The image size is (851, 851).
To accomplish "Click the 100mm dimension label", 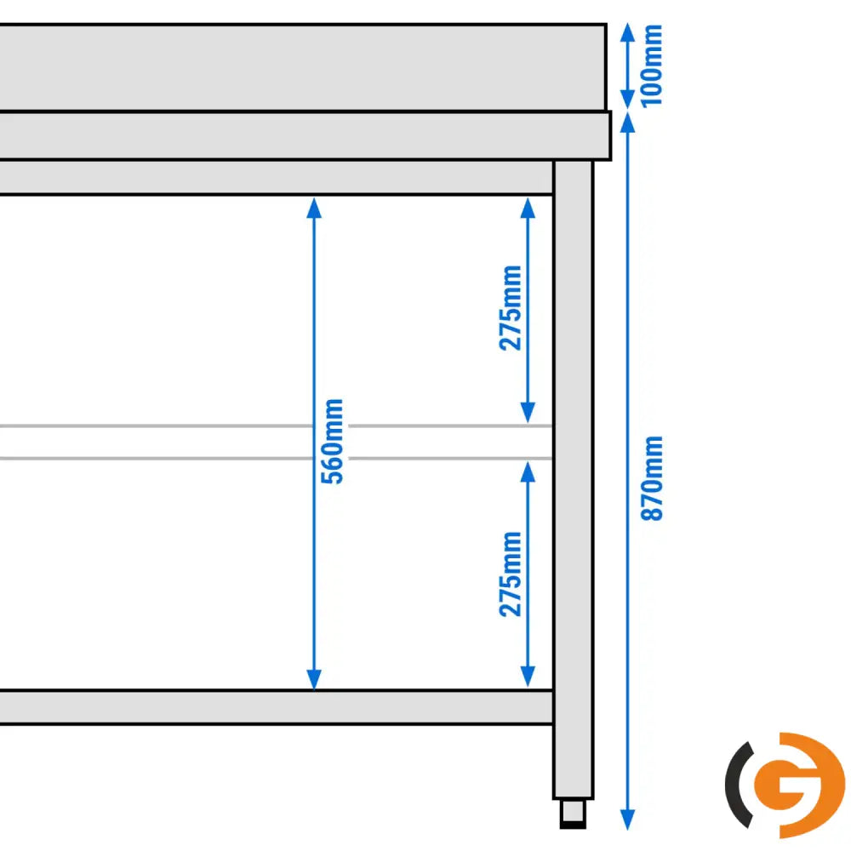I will coord(653,66).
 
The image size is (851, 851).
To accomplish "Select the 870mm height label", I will coord(653,478).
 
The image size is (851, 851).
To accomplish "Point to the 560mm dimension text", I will coord(334,441).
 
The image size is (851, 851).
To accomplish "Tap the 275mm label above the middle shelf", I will coord(511,308).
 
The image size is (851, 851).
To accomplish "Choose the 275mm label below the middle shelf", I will coord(511,574).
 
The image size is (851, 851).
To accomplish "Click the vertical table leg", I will coord(574,477).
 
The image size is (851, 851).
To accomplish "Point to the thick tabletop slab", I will coord(298,135).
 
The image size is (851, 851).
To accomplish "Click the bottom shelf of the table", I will coord(272,707).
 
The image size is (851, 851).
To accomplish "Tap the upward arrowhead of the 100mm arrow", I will coord(627,31).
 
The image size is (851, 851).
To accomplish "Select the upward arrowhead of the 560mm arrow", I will coord(314,206).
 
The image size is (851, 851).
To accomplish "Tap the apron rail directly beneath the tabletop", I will coord(272,178).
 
